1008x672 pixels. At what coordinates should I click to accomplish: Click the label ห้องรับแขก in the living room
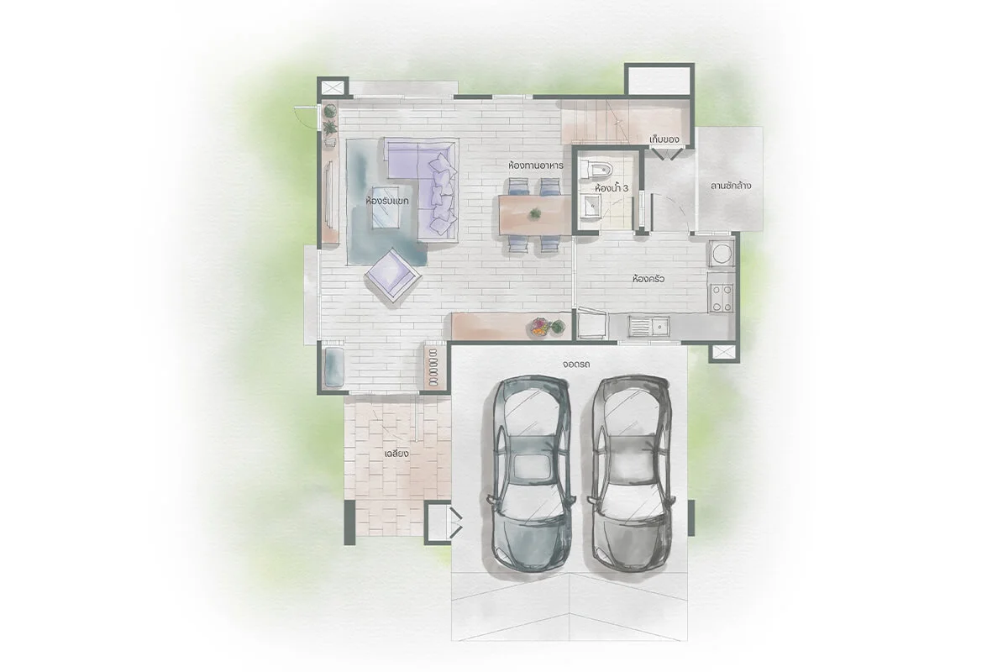(387, 201)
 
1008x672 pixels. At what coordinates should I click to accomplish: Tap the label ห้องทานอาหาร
(536, 165)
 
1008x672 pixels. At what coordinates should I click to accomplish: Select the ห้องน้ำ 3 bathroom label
(612, 188)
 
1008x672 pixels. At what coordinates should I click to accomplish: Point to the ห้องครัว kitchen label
(648, 279)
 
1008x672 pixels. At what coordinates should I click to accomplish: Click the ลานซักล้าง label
(731, 186)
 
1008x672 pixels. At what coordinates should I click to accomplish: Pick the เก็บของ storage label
(664, 139)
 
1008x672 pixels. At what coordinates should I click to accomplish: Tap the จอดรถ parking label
(576, 364)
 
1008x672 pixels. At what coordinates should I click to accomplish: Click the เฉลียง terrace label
(396, 454)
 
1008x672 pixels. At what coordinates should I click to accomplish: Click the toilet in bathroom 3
(596, 171)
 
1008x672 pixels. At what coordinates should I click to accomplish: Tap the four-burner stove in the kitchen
(722, 298)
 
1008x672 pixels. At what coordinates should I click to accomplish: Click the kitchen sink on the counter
(649, 327)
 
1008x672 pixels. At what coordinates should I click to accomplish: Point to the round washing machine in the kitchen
(722, 254)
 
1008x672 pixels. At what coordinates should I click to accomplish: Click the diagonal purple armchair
(393, 275)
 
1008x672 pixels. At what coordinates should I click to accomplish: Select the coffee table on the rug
(386, 207)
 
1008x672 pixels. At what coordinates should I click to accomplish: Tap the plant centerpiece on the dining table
(535, 213)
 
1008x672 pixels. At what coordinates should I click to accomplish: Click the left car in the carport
(531, 474)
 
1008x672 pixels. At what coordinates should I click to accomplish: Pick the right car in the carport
(631, 474)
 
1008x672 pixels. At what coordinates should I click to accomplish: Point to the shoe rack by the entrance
(433, 367)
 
